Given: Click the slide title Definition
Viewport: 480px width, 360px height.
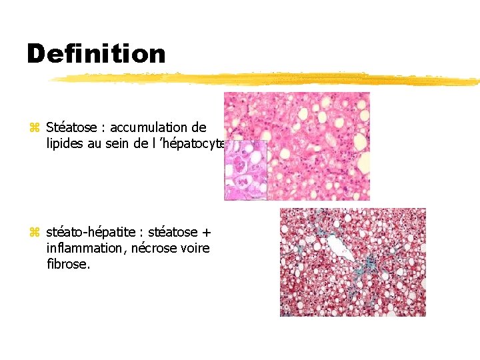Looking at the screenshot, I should tap(96, 53).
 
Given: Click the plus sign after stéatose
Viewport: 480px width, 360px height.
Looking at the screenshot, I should tap(206, 233).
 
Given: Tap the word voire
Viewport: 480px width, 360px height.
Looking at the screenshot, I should tap(195, 248).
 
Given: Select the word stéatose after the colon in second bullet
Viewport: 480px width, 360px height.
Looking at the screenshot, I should tap(172, 233).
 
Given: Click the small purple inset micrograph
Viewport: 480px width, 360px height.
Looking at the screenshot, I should tap(245, 170).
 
